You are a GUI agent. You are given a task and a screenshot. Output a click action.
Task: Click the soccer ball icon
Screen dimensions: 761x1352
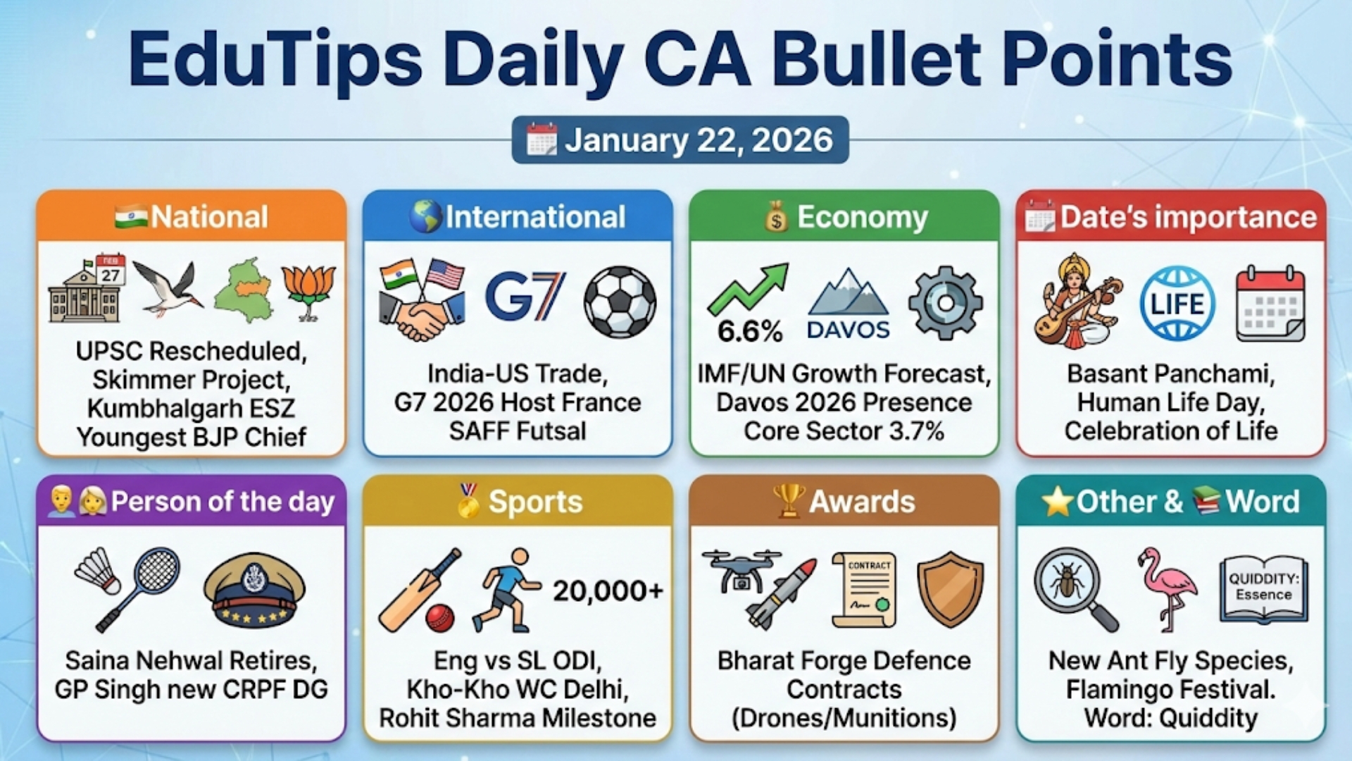click(x=620, y=302)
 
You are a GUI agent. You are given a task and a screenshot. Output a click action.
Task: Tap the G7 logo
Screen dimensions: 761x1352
click(x=525, y=297)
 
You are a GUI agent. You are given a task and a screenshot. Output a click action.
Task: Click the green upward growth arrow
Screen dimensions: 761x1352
click(x=749, y=288)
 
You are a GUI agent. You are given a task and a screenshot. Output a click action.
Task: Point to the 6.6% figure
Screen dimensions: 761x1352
click(x=750, y=331)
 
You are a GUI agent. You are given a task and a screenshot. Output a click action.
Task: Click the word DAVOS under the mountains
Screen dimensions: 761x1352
click(x=848, y=330)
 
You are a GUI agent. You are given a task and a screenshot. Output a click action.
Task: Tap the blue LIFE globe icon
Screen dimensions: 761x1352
click(x=1177, y=304)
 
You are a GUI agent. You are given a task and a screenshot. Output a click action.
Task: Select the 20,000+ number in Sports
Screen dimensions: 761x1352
click(x=608, y=590)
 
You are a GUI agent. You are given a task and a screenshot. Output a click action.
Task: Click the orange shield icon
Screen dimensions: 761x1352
click(x=950, y=588)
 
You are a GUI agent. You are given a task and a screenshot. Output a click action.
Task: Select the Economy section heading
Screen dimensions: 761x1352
click(x=862, y=217)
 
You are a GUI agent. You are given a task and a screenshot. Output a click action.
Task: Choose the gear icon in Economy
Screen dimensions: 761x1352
click(x=945, y=303)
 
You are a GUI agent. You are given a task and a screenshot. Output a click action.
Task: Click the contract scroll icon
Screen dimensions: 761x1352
click(x=865, y=589)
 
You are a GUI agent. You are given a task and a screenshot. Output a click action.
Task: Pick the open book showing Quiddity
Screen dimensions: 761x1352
click(x=1263, y=588)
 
